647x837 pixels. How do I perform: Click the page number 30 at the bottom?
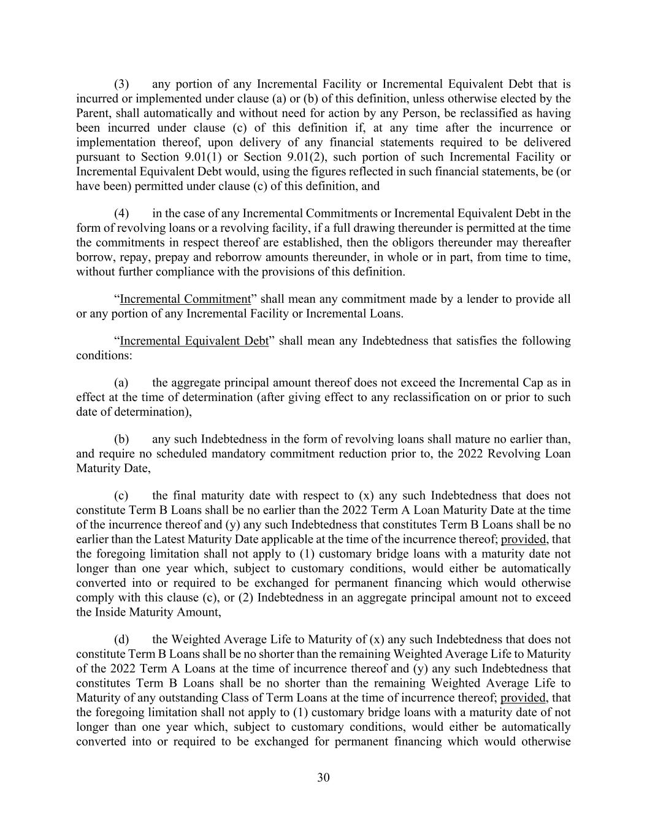(323, 778)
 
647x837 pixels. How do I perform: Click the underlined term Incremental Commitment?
(185, 299)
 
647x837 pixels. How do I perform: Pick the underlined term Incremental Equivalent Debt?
(194, 341)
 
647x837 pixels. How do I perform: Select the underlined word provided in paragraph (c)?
(523, 540)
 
